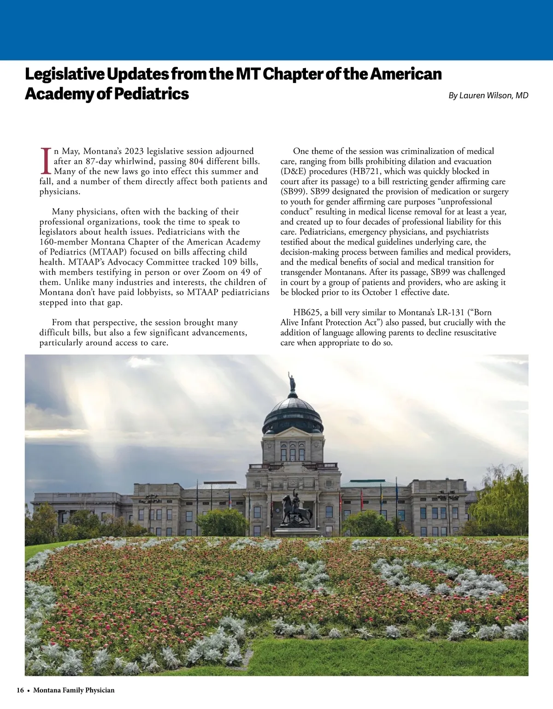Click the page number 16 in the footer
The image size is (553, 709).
[20, 690]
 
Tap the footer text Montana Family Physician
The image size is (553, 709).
[74, 690]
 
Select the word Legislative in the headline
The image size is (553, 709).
[65, 74]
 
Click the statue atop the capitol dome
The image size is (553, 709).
[292, 382]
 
